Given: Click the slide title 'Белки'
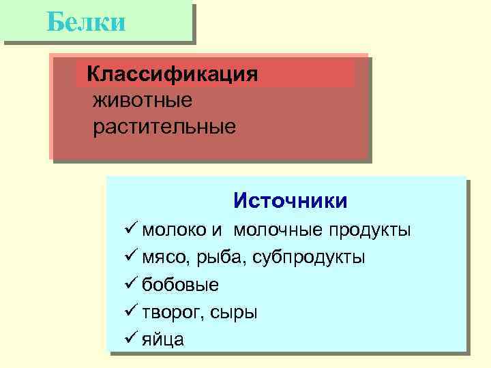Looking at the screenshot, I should (87, 22).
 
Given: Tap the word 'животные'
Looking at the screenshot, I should (143, 100).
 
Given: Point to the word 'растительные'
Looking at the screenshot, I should (165, 127).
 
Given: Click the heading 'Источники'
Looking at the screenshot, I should (290, 200).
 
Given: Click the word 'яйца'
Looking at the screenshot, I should (163, 339).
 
